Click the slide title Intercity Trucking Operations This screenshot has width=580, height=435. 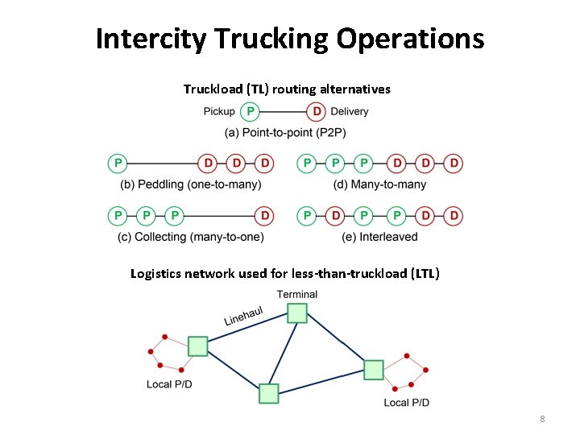(290, 38)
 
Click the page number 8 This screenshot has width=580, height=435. (542, 419)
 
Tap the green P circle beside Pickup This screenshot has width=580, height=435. (251, 111)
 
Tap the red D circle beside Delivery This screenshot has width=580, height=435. (317, 111)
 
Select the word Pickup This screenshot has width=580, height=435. (219, 111)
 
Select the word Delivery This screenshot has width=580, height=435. (349, 111)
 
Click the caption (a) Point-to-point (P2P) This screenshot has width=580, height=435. (285, 132)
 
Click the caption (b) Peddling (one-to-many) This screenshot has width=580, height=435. (191, 184)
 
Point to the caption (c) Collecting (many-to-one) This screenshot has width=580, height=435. (191, 237)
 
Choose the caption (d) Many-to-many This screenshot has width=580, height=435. (379, 184)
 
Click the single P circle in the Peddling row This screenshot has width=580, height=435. (118, 164)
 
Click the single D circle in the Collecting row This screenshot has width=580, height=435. (263, 216)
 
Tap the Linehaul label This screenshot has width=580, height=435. (243, 317)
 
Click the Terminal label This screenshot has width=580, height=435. (297, 294)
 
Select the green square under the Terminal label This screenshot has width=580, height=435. (297, 313)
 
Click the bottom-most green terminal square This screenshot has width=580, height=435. (269, 393)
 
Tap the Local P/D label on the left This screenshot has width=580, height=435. (169, 384)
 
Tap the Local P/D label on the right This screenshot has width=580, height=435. (406, 402)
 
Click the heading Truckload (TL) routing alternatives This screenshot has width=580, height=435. (286, 89)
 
